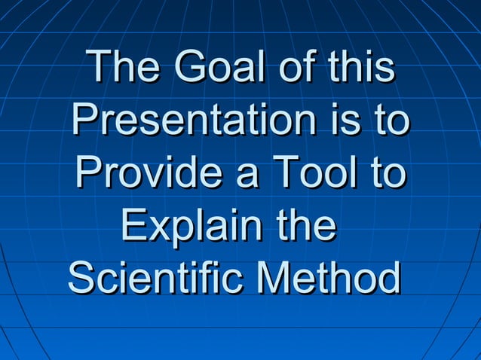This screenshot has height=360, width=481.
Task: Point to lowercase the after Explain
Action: pos(305,226)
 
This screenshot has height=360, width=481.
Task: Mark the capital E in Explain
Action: pos(133,226)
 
